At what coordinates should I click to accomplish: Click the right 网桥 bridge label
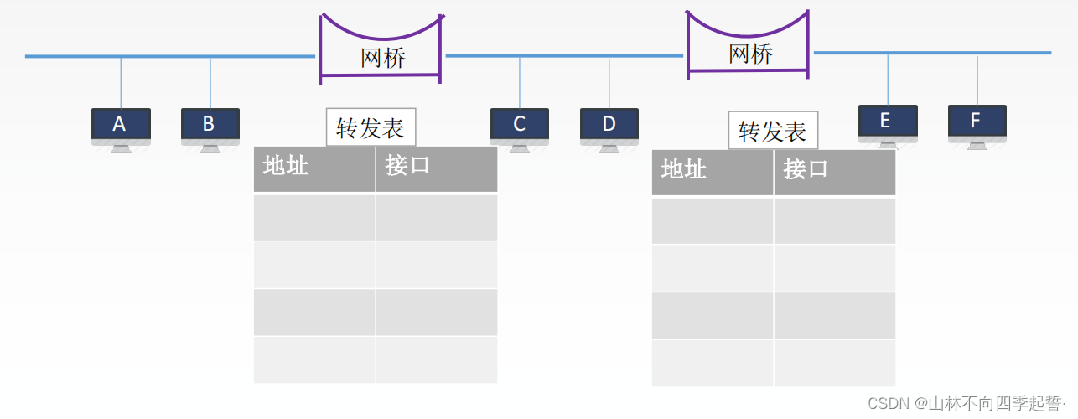(750, 54)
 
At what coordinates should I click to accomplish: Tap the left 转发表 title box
(371, 127)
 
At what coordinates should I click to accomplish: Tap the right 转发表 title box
(773, 131)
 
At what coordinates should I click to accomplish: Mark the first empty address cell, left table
(314, 218)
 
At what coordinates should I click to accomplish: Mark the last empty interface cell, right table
(834, 363)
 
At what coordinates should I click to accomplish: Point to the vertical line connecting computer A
(121, 82)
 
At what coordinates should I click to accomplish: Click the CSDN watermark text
(964, 404)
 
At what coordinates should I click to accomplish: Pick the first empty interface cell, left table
(436, 218)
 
